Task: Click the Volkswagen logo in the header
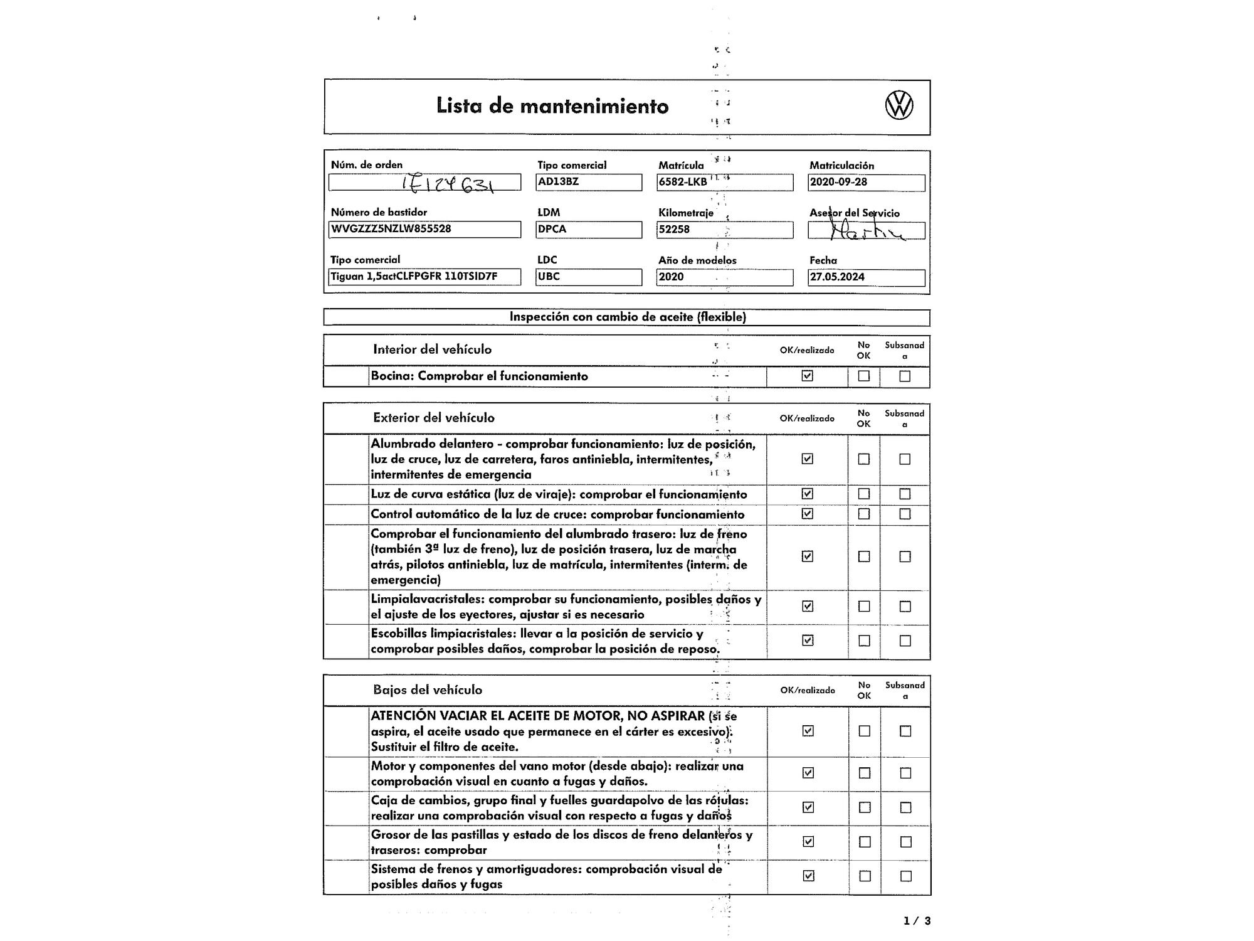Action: coord(898,105)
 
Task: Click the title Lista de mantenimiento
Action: coord(552,106)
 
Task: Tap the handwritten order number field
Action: coord(424,183)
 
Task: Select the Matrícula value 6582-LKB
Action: coord(683,182)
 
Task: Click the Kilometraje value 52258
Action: coord(674,230)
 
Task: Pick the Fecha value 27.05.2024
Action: coord(837,277)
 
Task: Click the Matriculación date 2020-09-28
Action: coord(838,183)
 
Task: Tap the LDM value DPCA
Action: coord(552,230)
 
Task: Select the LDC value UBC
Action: coord(549,277)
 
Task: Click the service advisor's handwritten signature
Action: coord(865,231)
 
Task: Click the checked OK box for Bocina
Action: coord(808,376)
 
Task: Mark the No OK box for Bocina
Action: coord(864,376)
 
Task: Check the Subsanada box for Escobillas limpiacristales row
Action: coord(905,641)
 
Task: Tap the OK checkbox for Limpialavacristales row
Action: coord(808,606)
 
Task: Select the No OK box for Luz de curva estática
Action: coord(864,494)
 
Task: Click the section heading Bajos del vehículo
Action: coord(428,690)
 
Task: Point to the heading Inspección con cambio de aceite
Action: coord(627,317)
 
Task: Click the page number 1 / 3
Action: coord(917,921)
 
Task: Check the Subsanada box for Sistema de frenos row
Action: coord(905,876)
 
